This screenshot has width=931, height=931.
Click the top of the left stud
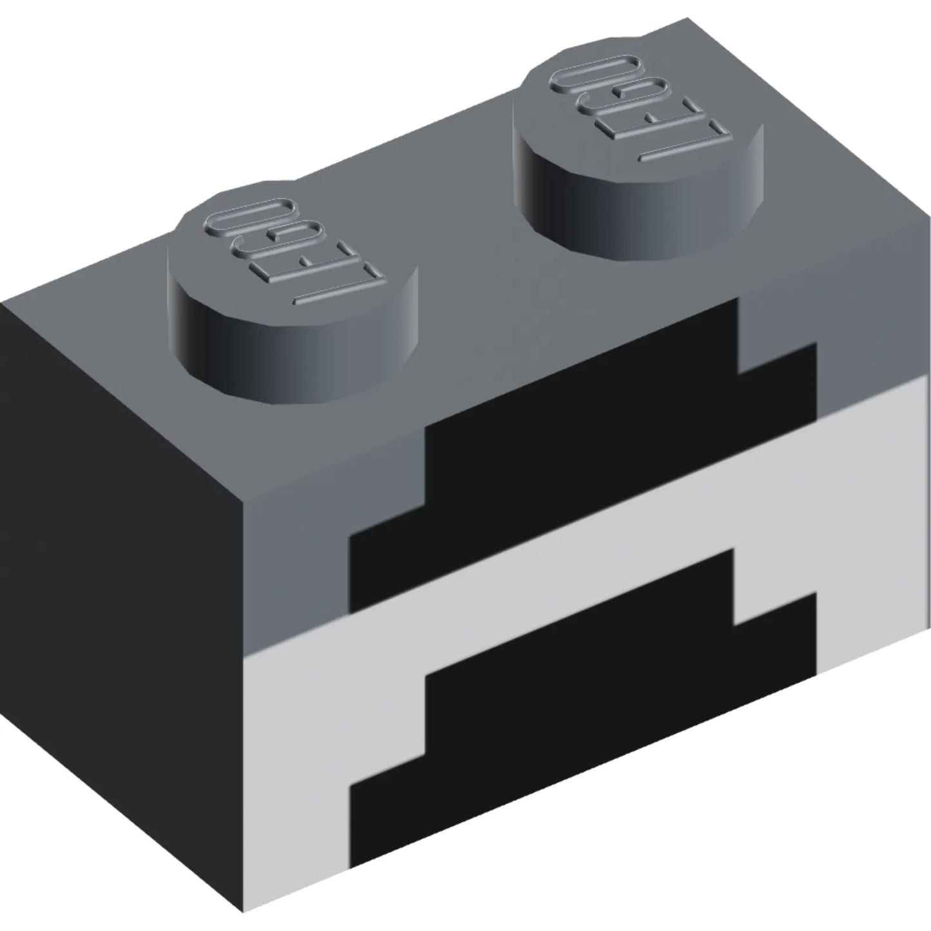(293, 254)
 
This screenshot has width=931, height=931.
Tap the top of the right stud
(638, 106)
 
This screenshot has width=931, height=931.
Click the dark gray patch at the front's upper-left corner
(296, 554)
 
